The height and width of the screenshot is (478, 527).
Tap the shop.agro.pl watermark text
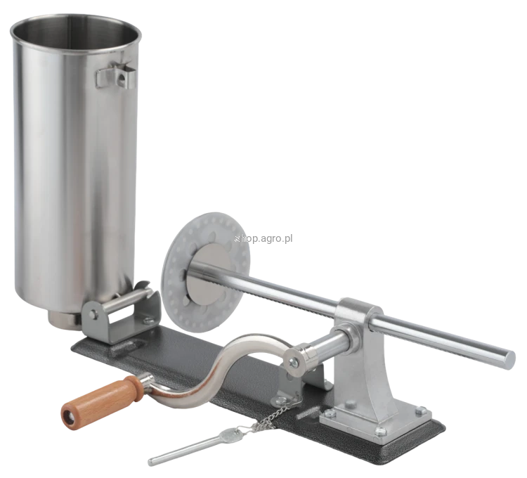(x=263, y=239)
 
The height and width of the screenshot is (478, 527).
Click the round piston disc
(x=206, y=271)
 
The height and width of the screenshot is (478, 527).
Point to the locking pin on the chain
(x=195, y=446)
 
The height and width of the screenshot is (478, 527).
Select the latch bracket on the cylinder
(x=116, y=77)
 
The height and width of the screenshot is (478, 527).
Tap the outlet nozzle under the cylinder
(x=64, y=319)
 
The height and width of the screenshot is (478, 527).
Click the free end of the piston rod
(x=509, y=359)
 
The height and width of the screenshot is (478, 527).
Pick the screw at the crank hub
(x=294, y=361)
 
